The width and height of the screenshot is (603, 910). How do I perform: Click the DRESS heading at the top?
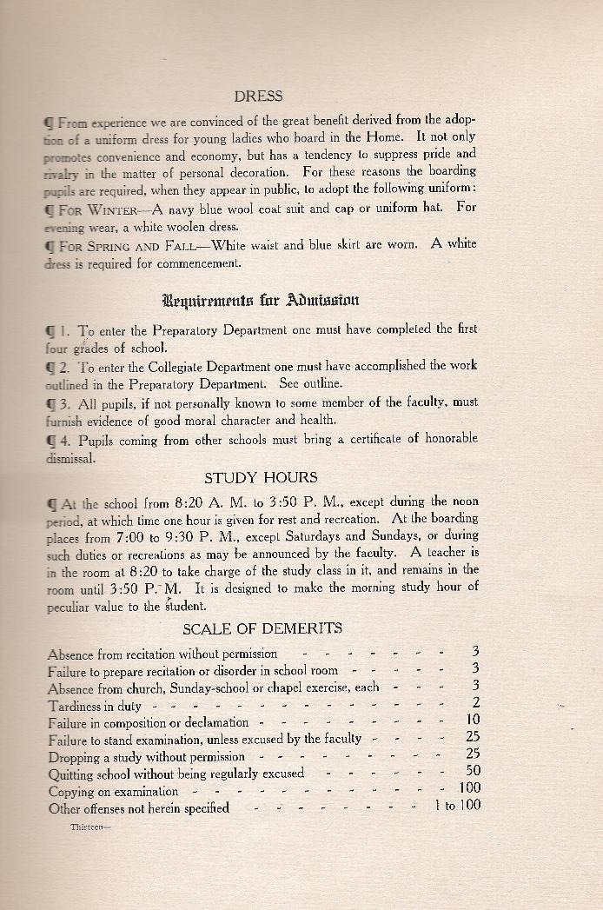point(259,96)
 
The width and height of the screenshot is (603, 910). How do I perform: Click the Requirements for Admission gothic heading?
point(260,301)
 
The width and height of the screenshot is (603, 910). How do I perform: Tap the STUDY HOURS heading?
point(261,477)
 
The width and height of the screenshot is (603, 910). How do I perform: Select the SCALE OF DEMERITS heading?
point(262,628)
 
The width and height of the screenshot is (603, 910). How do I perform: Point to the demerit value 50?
point(474,771)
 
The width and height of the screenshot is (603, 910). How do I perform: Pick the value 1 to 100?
point(457,806)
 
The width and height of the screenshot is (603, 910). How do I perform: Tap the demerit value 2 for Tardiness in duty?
point(476,702)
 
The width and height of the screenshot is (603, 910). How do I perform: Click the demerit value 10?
point(473,720)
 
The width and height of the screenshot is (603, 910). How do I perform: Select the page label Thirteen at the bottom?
point(89,827)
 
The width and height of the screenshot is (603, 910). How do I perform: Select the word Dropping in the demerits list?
point(76,756)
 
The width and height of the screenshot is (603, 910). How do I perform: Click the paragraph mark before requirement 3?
point(52,402)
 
